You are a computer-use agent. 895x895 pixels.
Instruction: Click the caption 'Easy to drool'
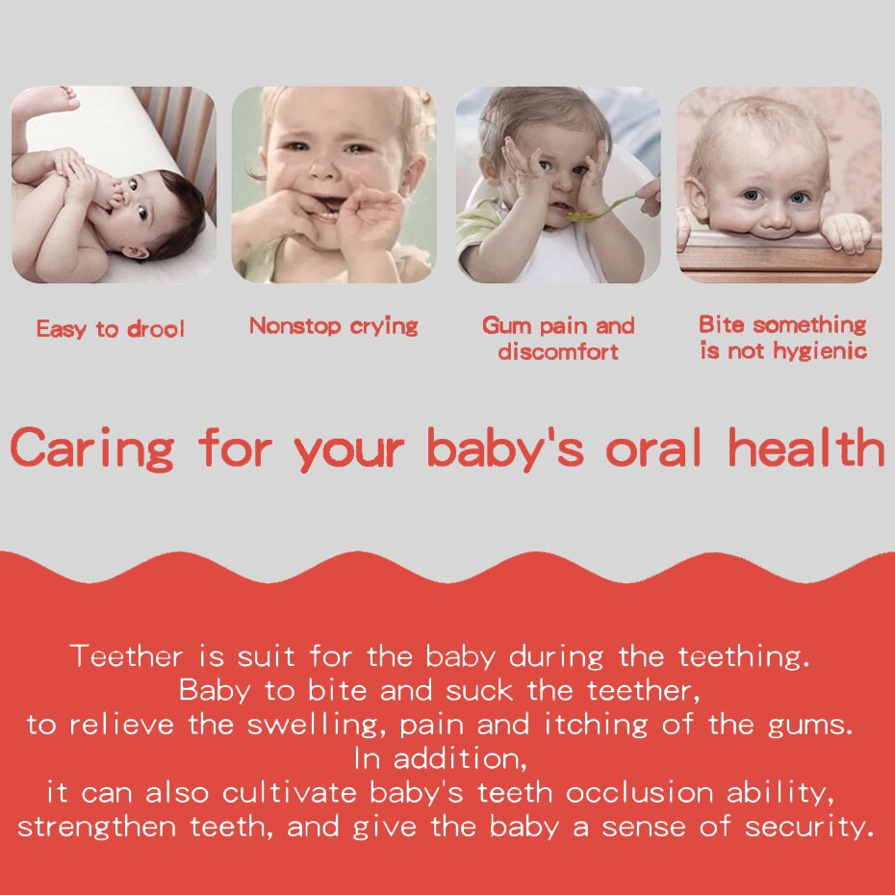click(110, 329)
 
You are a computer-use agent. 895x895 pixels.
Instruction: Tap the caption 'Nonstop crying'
click(334, 326)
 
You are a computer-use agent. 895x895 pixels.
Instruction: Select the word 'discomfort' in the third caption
click(558, 351)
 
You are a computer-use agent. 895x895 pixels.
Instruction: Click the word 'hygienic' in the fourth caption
click(820, 351)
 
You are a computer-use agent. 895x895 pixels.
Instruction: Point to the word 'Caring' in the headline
click(91, 449)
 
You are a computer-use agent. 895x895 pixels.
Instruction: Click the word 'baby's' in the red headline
click(505, 448)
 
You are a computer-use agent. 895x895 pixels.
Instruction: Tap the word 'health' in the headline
click(805, 447)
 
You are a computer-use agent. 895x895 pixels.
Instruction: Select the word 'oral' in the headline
click(653, 447)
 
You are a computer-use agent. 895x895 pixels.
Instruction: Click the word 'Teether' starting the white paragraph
click(126, 655)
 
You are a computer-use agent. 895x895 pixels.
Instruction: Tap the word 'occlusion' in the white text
click(639, 793)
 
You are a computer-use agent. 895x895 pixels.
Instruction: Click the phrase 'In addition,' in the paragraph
click(440, 759)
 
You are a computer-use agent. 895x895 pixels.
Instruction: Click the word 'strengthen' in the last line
click(97, 827)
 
